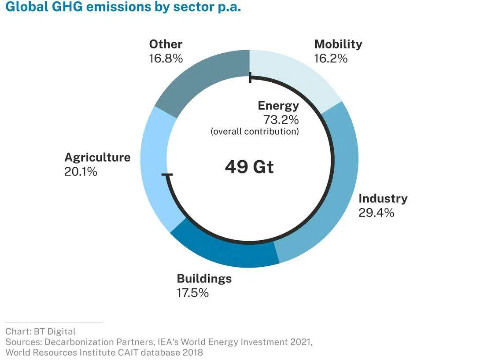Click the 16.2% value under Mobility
click(331, 59)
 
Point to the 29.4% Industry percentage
click(376, 213)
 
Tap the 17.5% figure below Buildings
click(192, 293)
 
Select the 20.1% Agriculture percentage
click(81, 172)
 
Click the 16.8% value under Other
click(166, 59)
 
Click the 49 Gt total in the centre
click(249, 167)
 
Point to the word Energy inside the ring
click(278, 106)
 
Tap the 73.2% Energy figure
click(281, 120)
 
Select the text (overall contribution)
click(255, 132)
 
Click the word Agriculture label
click(97, 158)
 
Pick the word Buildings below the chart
click(204, 279)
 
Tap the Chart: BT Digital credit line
click(41, 331)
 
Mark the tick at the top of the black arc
click(250, 78)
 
